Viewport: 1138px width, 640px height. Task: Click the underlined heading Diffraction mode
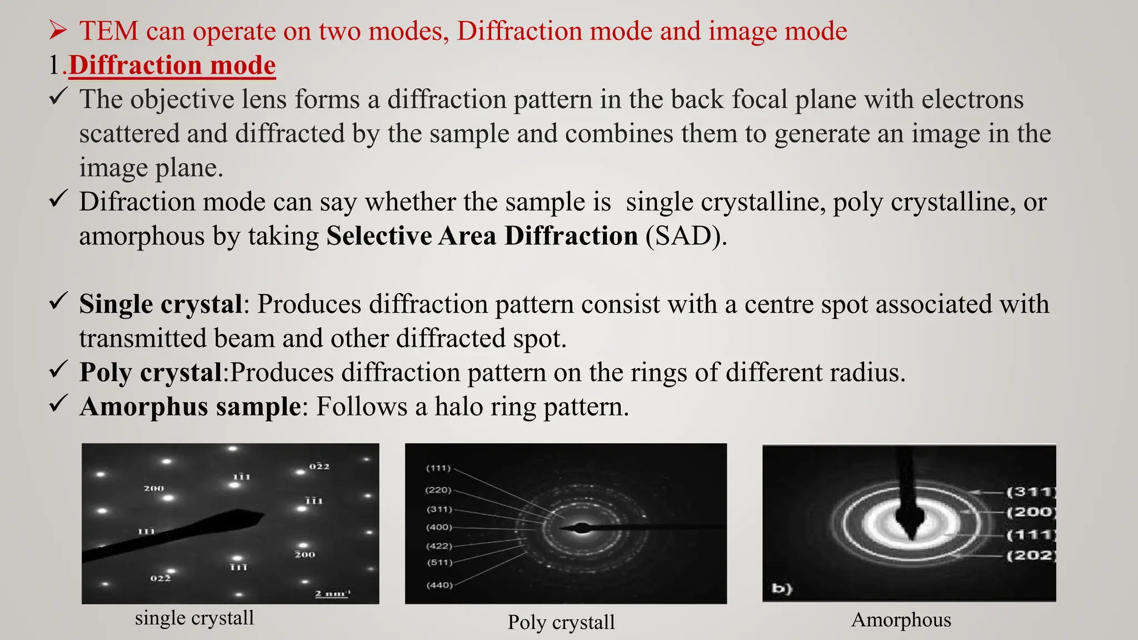(172, 66)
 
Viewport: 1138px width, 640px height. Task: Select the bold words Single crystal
(161, 304)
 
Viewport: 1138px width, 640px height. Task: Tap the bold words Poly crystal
(151, 373)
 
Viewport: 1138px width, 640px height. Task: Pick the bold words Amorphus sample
(189, 407)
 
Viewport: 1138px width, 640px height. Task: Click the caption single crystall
(194, 618)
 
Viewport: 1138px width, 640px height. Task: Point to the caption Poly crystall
(561, 622)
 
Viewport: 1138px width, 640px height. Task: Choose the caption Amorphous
(901, 619)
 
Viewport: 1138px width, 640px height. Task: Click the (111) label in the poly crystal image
(438, 468)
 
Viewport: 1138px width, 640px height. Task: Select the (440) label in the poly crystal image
(439, 585)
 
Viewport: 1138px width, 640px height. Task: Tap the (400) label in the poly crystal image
(439, 527)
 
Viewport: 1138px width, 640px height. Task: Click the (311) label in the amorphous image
(1031, 492)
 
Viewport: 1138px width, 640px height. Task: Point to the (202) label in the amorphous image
(1031, 555)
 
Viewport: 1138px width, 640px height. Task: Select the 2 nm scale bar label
(332, 594)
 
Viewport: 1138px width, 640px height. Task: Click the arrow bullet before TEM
(58, 31)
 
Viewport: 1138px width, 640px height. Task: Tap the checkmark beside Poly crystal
(58, 369)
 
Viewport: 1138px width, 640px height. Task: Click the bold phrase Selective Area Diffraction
(482, 236)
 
